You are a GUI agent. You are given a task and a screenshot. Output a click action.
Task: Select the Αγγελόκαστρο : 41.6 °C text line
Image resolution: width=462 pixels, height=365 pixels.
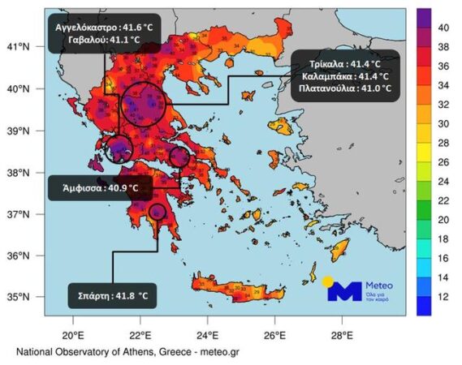(x=104, y=26)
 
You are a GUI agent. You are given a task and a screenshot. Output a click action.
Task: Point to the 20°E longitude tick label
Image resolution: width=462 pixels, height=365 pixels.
(x=73, y=333)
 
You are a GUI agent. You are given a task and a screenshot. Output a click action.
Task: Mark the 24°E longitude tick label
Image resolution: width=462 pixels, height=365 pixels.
(x=208, y=333)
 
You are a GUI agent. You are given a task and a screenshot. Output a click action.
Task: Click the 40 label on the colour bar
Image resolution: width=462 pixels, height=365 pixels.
(x=445, y=27)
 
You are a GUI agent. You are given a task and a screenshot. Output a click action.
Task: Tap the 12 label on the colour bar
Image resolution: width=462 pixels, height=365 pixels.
(x=445, y=297)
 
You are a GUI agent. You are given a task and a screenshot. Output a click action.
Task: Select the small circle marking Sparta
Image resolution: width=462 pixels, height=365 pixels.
(x=158, y=212)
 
